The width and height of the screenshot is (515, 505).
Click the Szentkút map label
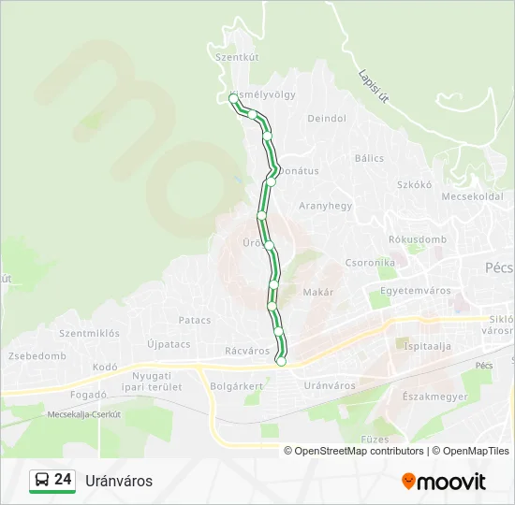236,57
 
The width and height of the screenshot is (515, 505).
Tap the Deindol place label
327,119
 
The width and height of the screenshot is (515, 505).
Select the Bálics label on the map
369,158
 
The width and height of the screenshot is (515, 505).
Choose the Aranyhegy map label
325,206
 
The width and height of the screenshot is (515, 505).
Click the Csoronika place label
370,263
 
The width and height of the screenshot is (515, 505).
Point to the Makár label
318,292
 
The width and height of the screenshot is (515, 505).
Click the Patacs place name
195,320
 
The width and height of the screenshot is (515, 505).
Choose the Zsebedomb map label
37,356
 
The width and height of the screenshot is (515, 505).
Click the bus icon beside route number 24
41,481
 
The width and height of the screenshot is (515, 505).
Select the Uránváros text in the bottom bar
119,481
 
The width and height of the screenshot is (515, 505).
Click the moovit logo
444,481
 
